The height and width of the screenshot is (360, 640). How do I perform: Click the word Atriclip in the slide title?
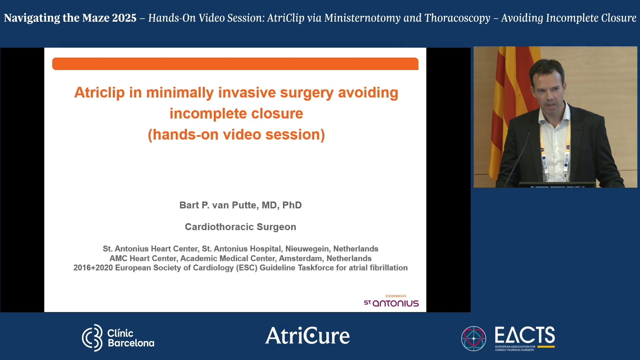tap(99, 93)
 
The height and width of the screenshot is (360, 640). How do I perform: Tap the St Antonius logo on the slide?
tap(391, 301)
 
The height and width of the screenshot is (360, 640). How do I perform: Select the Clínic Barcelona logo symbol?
tap(92, 338)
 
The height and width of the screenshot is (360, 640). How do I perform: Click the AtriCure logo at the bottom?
tap(307, 336)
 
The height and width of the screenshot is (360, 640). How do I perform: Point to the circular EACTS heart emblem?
tap(473, 338)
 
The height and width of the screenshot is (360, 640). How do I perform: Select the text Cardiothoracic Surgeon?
tap(240, 227)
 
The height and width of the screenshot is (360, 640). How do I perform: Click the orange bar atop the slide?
tap(235, 64)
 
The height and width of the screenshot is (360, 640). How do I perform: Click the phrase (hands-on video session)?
tap(236, 135)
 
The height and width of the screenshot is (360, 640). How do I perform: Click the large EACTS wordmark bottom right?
tap(525, 335)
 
